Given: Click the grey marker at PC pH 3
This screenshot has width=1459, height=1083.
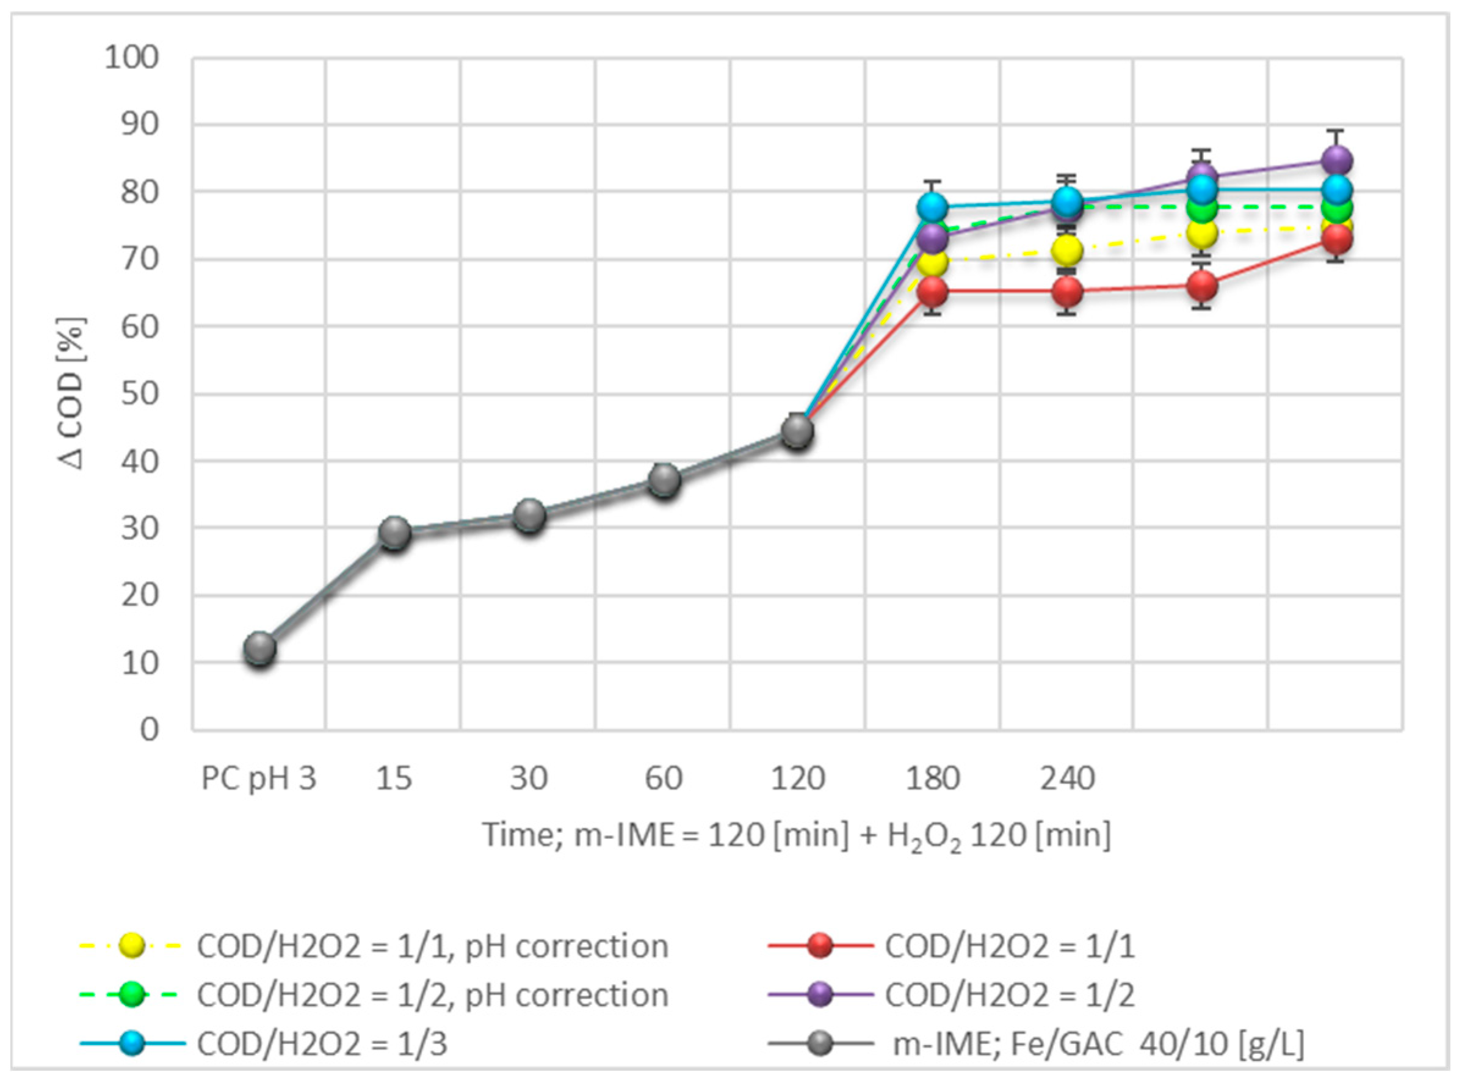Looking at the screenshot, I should (x=259, y=649).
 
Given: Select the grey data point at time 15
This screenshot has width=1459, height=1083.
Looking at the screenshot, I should (x=395, y=533).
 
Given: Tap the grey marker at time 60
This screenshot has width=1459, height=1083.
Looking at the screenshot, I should (x=664, y=481).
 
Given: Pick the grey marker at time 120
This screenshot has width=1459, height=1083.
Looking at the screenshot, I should (x=798, y=431).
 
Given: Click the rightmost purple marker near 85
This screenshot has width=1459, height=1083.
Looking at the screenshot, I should (x=1337, y=160).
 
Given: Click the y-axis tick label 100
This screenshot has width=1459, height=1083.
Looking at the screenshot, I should (x=132, y=58).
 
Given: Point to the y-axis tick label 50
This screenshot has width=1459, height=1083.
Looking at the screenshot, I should (x=140, y=394).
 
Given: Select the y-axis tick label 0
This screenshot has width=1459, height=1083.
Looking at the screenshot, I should (x=150, y=729).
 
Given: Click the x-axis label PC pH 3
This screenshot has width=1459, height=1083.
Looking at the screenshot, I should (x=259, y=779).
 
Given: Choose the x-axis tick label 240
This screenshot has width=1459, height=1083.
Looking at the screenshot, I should (x=1068, y=779).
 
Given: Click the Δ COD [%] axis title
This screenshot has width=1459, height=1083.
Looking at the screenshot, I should (x=72, y=394).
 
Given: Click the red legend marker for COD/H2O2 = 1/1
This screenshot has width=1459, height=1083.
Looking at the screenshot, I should (x=820, y=946).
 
